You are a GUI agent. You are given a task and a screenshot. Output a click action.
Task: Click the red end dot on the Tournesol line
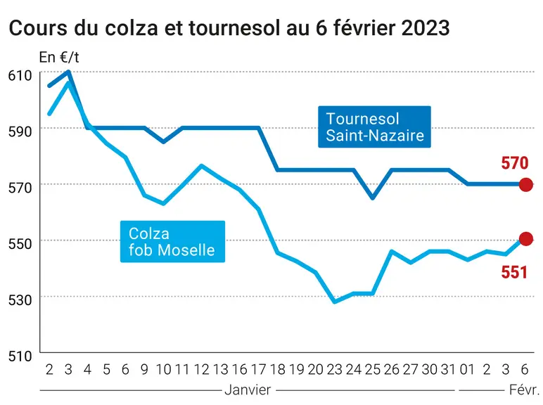click(x=525, y=184)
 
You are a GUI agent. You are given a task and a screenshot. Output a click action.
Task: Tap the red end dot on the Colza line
click(x=525, y=238)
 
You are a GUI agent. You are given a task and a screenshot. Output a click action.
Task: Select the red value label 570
click(x=515, y=163)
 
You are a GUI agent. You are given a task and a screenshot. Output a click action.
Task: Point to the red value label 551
click(x=514, y=272)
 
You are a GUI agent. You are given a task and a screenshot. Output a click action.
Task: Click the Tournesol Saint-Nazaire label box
click(x=374, y=127)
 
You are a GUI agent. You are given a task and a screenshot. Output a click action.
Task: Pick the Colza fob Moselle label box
click(x=172, y=241)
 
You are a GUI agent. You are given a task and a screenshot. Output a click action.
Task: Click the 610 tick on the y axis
click(x=20, y=75)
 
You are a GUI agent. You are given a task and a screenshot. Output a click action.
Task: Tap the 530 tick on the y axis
click(x=20, y=300)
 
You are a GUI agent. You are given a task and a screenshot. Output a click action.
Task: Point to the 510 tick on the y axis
click(x=20, y=356)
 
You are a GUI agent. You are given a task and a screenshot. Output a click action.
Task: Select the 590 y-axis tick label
click(x=20, y=131)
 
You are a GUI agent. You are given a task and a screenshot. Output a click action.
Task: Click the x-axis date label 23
click(x=335, y=370)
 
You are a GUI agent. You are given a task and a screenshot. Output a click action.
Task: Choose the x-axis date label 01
click(x=468, y=370)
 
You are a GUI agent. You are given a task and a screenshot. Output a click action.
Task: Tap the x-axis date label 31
click(x=448, y=370)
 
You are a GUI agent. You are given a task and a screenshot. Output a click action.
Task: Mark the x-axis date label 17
click(x=258, y=370)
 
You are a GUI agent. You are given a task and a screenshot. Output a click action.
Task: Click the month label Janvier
click(x=248, y=390)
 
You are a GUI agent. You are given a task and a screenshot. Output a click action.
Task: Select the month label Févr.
click(x=524, y=390)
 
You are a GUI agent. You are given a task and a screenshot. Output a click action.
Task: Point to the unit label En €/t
click(x=59, y=58)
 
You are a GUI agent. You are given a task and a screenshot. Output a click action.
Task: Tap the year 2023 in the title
click(x=426, y=28)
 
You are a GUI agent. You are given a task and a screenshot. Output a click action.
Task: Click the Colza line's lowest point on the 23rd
click(x=335, y=302)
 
